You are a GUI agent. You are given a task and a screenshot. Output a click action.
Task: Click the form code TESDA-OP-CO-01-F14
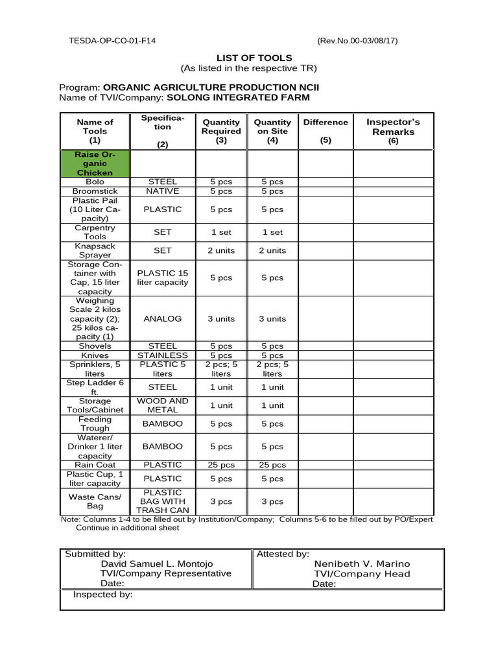click(112, 41)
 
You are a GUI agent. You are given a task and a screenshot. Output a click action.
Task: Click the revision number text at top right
click(357, 41)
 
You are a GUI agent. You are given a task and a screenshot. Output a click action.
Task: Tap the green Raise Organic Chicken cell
click(95, 164)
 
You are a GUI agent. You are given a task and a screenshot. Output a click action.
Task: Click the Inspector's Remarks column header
click(393, 131)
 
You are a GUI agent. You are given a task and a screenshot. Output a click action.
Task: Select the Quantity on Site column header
click(272, 130)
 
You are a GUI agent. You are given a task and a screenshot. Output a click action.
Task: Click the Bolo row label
click(95, 182)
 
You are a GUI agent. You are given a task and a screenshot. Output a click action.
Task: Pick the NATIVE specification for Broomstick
click(162, 191)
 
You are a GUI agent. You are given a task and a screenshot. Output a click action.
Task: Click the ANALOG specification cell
click(162, 318)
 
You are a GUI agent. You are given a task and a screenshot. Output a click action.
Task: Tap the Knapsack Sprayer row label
click(95, 250)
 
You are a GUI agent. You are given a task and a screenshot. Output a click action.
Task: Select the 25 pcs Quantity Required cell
click(221, 465)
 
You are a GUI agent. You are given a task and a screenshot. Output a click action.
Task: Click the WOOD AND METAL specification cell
click(162, 405)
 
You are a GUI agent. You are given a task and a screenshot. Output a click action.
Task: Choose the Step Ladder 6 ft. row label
click(95, 387)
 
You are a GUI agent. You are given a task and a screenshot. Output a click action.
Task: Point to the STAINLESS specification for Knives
click(162, 355)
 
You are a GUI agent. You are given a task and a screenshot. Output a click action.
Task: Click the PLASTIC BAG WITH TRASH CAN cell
click(162, 501)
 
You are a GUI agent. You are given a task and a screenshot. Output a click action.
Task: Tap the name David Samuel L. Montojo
click(156, 564)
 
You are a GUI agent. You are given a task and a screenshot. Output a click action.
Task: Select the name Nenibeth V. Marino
click(362, 564)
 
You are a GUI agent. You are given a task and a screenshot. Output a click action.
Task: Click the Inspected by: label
click(102, 595)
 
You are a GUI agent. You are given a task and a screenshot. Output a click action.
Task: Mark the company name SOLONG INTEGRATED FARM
click(238, 97)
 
